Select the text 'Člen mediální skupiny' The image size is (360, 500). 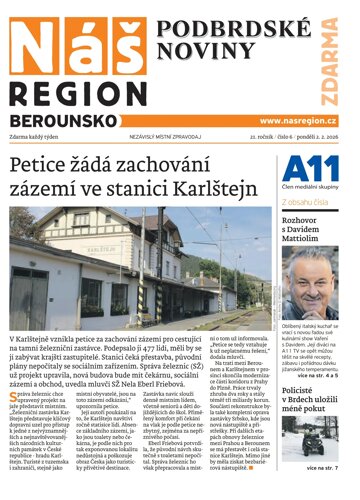[x=313, y=195]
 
